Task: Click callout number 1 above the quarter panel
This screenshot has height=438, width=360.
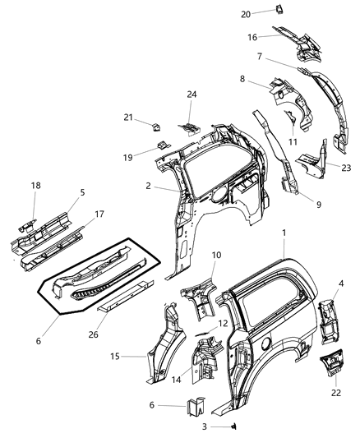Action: click(284, 233)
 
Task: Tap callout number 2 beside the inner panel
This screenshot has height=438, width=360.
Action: click(148, 186)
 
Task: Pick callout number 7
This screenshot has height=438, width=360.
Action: click(259, 57)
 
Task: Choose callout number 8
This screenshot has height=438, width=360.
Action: click(242, 79)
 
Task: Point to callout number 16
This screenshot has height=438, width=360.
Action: click(252, 36)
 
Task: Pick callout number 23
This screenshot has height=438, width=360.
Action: click(346, 167)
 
